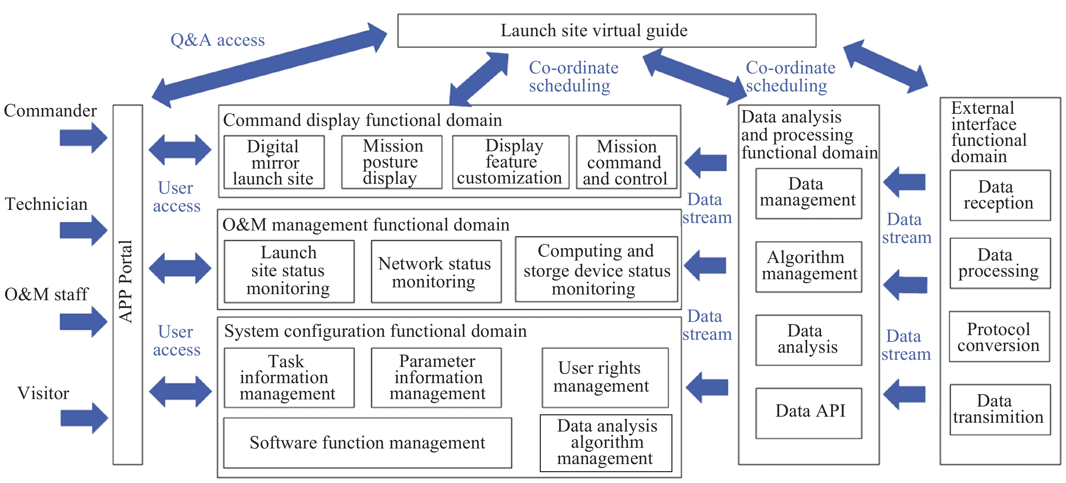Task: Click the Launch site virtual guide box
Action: tap(607, 30)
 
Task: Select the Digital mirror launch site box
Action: tap(274, 162)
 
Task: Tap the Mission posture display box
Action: tap(392, 162)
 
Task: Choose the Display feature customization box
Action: tap(511, 162)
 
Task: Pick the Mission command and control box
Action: tap(626, 162)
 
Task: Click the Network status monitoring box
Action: tap(436, 271)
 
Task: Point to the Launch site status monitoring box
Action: tap(289, 271)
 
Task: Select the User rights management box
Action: tap(605, 377)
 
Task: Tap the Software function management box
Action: tap(368, 443)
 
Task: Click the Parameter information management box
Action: tap(436, 377)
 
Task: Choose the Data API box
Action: tap(808, 413)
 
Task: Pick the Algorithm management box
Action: tap(808, 267)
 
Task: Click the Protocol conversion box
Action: tap(999, 336)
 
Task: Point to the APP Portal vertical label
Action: tap(126, 281)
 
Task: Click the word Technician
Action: tap(46, 204)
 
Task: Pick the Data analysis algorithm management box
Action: tap(606, 443)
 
